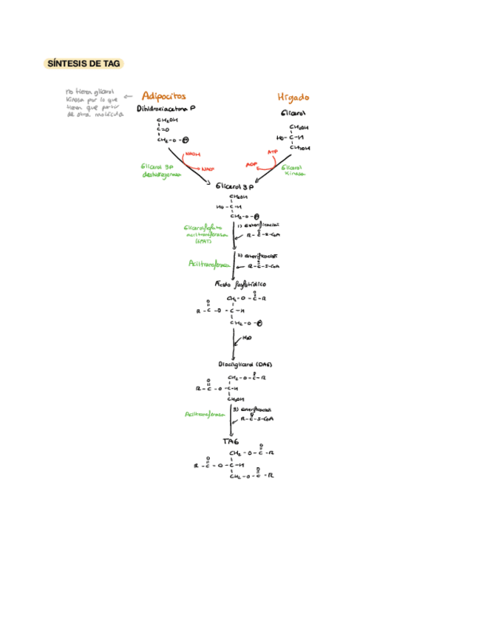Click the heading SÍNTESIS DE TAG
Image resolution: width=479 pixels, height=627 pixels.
click(x=83, y=64)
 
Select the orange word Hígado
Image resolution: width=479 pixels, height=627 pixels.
click(x=293, y=97)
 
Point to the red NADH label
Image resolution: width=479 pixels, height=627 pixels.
click(x=193, y=155)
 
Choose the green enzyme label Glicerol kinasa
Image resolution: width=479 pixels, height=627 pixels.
click(x=293, y=171)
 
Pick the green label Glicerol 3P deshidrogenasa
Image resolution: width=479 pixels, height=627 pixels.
click(x=160, y=170)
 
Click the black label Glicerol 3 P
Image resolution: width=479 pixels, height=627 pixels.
click(x=235, y=189)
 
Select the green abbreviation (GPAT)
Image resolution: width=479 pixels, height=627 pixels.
click(x=203, y=241)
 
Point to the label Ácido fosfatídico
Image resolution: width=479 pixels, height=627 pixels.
click(x=240, y=284)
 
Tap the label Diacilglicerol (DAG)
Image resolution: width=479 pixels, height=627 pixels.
click(x=245, y=365)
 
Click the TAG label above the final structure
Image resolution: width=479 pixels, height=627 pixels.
click(x=231, y=441)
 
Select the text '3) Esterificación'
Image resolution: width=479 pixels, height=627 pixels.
click(x=251, y=409)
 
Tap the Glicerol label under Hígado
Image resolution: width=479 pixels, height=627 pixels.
click(x=293, y=114)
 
